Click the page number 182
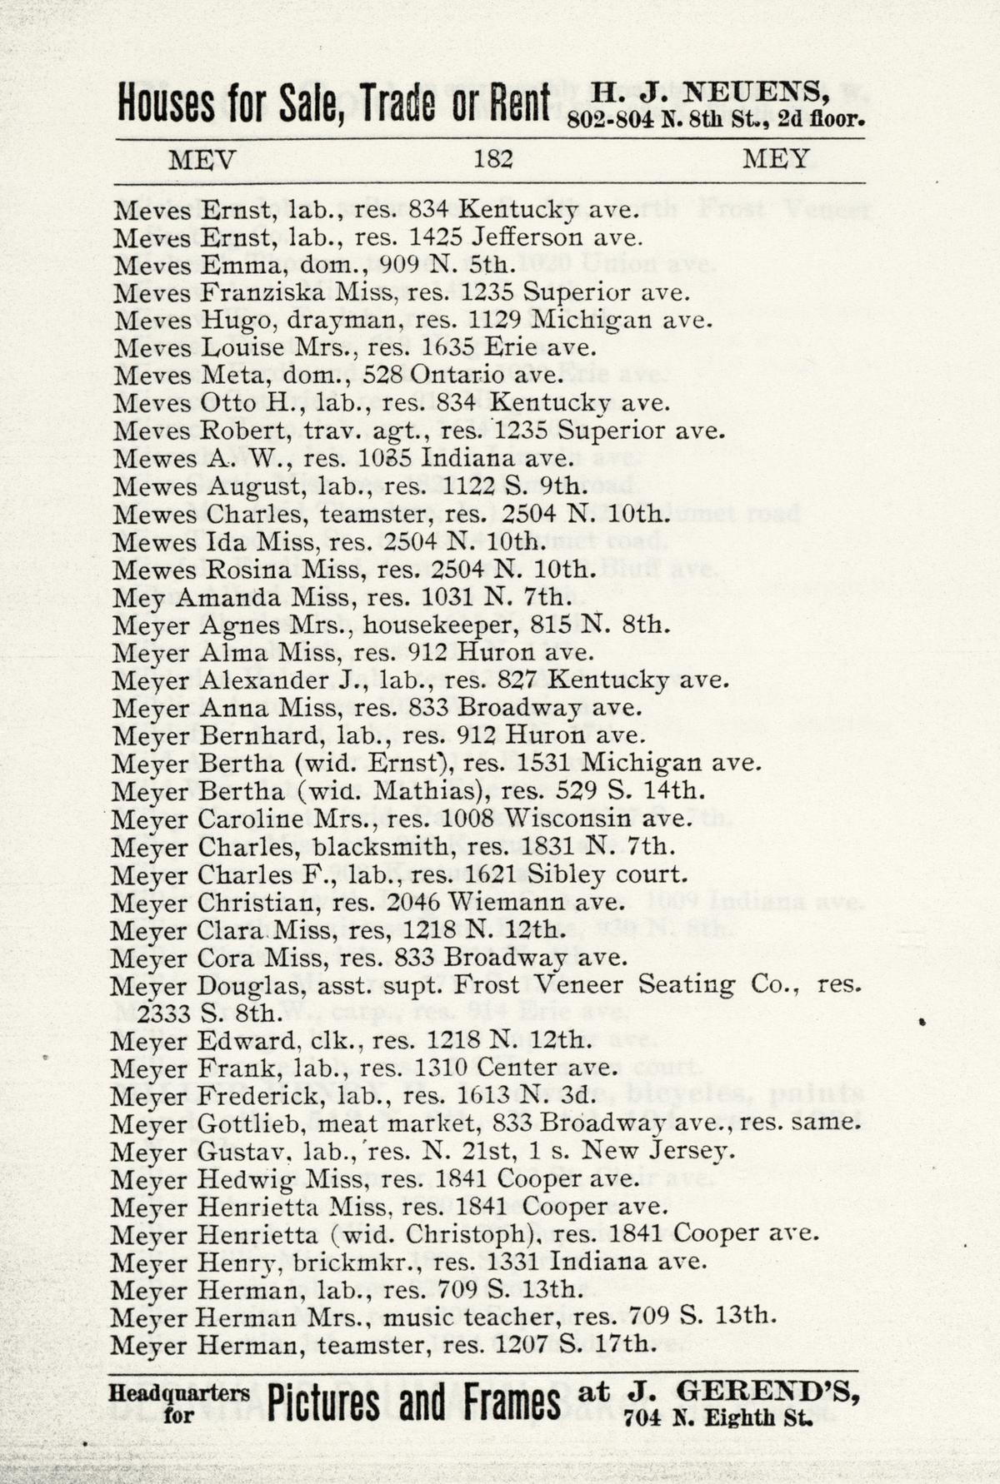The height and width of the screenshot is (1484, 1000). click(x=492, y=158)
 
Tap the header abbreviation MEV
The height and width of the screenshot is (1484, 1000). click(x=202, y=159)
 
